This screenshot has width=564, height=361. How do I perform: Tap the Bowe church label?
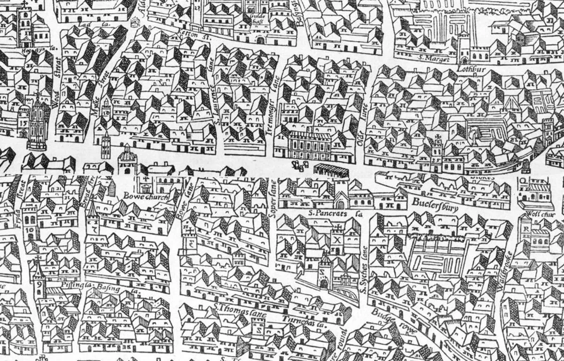145,196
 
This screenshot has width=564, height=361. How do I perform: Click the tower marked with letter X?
337,237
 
